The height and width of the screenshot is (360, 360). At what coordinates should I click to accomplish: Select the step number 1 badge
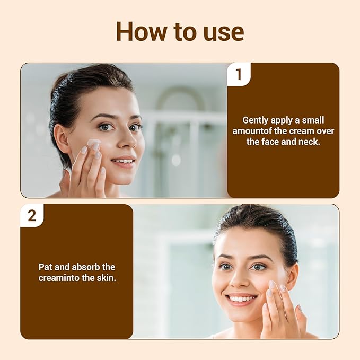pyautogui.click(x=239, y=75)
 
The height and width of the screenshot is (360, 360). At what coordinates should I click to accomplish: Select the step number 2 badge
pyautogui.click(x=32, y=216)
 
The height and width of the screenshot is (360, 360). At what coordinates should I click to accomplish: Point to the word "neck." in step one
pyautogui.click(x=309, y=142)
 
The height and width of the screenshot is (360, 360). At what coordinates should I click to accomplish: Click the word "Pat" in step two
pyautogui.click(x=46, y=267)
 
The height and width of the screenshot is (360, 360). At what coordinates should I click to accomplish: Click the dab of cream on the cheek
pyautogui.click(x=94, y=144)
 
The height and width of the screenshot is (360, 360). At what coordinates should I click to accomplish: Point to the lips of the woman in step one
pyautogui.click(x=123, y=161)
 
